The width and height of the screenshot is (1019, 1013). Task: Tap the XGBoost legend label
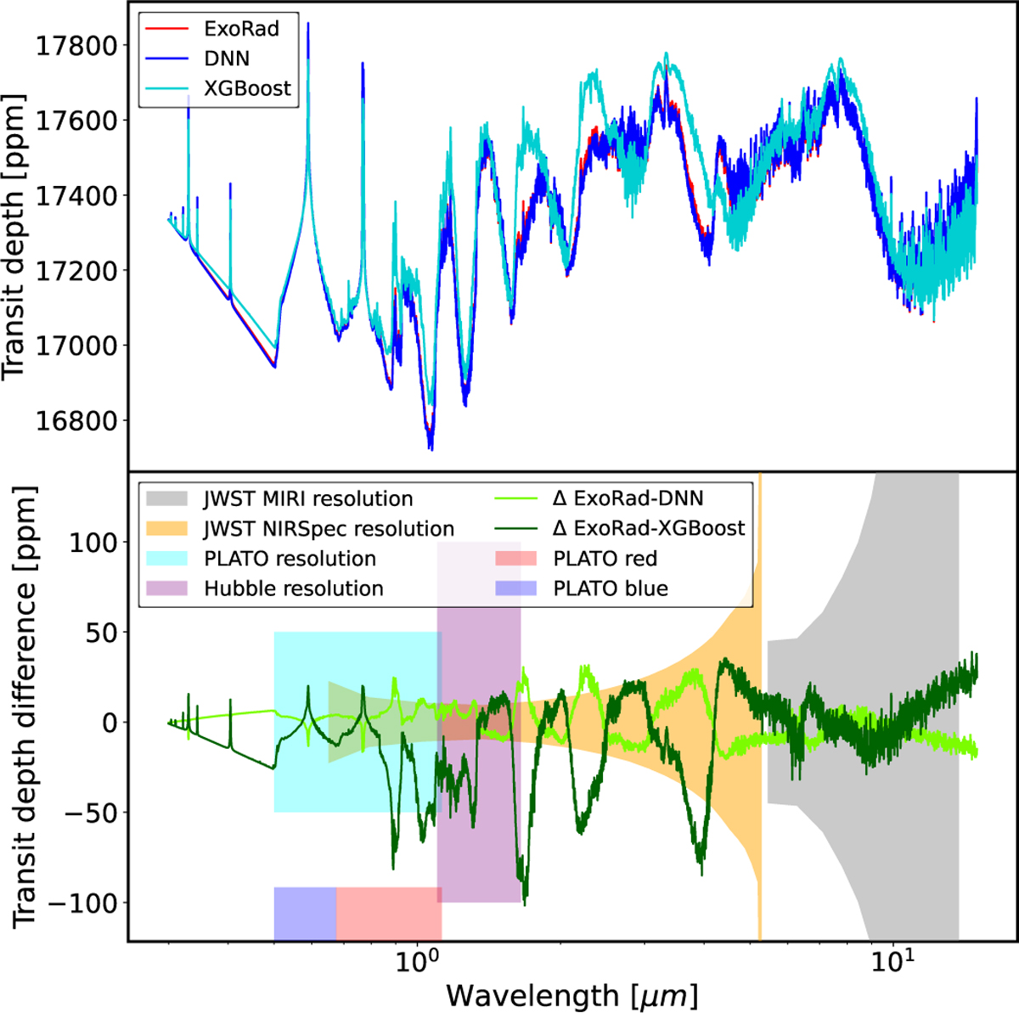(x=247, y=88)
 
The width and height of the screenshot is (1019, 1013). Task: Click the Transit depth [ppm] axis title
(x=15, y=237)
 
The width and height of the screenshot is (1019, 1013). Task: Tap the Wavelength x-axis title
(x=571, y=994)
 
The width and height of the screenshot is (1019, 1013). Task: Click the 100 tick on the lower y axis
(x=93, y=542)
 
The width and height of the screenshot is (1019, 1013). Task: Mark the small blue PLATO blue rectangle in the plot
(x=305, y=913)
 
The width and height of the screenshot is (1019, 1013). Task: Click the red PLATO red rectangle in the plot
(x=389, y=913)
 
